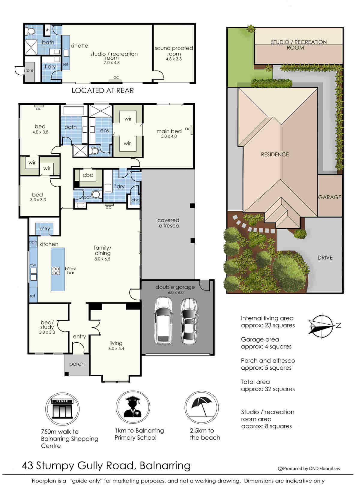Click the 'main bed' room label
169,131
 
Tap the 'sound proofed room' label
174,51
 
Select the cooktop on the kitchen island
56,271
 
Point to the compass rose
322,326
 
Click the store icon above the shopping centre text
62,409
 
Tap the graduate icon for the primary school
133,407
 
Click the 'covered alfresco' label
169,223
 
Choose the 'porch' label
77,364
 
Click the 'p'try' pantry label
45,229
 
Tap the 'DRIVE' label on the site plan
325,257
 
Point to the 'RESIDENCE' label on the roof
275,154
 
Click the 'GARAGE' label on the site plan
330,197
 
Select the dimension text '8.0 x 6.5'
102,259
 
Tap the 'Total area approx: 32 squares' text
268,385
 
